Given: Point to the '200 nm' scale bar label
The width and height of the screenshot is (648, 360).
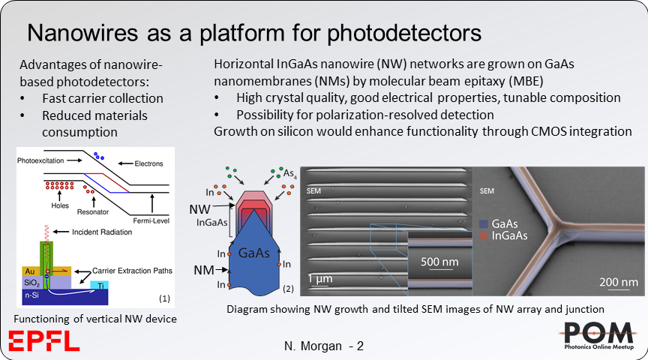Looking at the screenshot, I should pyautogui.click(x=618, y=282).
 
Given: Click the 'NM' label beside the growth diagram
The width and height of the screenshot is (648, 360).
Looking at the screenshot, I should pyautogui.click(x=204, y=267).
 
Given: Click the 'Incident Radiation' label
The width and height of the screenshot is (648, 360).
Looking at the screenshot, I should pyautogui.click(x=100, y=232).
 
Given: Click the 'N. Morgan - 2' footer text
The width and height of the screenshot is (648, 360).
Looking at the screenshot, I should pyautogui.click(x=323, y=346).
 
